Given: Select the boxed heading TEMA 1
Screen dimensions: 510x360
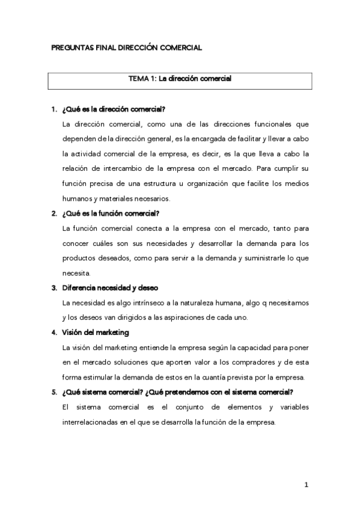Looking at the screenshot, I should [x=180, y=79].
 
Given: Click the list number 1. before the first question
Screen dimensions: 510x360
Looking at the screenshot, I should [x=54, y=109].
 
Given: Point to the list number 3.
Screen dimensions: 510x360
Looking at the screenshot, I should [x=54, y=287].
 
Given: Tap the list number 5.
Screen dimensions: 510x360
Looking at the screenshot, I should [x=54, y=392].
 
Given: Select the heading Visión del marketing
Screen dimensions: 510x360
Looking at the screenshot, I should [x=96, y=333].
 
